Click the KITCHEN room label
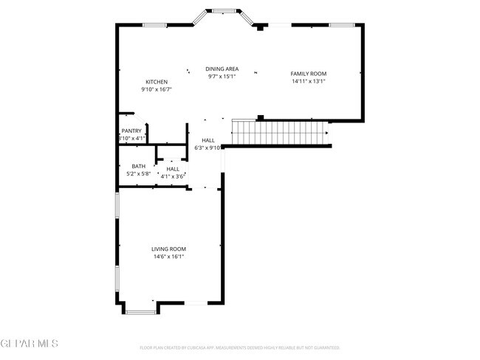click(156, 82)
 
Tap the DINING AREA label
click(222, 69)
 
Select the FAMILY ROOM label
click(308, 74)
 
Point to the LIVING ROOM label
click(168, 249)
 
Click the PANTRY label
click(131, 131)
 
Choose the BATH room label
click(138, 167)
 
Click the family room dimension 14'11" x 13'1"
click(308, 81)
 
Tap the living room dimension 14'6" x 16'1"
click(168, 257)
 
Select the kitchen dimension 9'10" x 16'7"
click(156, 89)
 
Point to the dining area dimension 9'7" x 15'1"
click(222, 76)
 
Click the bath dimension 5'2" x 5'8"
click(138, 174)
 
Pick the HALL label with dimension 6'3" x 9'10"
click(208, 140)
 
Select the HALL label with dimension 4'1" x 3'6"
click(173, 169)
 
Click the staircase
click(279, 133)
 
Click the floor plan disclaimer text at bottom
click(240, 347)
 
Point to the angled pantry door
click(141, 120)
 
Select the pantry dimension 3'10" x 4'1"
click(132, 138)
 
